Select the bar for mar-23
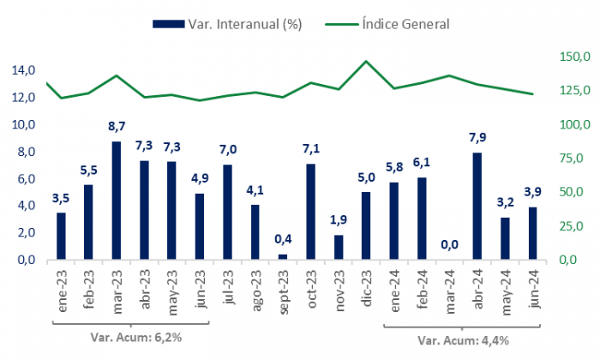click(117, 201)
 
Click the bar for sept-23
click(284, 256)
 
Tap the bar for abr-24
click(477, 206)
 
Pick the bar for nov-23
click(339, 247)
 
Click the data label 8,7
click(117, 126)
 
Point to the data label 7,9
click(477, 137)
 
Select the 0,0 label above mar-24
click(449, 245)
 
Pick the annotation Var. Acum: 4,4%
click(464, 339)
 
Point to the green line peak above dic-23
click(367, 61)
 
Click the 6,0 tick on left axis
click(24, 178)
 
